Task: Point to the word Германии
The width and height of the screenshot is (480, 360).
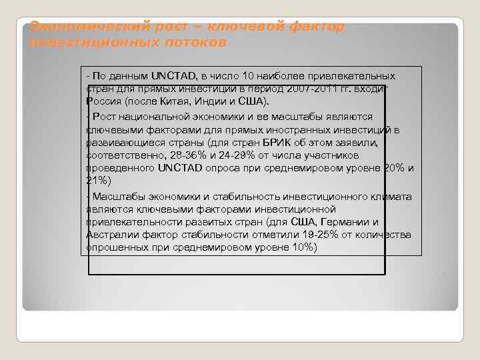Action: (x=342, y=222)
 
